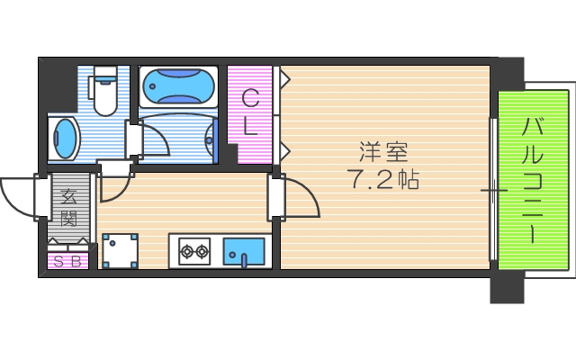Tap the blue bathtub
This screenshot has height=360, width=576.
[x=178, y=87]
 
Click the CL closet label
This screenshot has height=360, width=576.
[x=250, y=113]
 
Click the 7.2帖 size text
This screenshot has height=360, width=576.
[x=382, y=179]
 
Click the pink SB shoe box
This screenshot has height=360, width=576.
[x=68, y=262]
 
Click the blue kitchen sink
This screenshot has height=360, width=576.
[x=243, y=250]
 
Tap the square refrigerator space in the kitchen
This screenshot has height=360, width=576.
[x=120, y=251]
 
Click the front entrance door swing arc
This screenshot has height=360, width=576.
[x=16, y=194]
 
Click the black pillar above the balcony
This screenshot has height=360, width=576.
[x=509, y=72]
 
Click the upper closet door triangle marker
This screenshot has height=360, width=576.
[x=283, y=79]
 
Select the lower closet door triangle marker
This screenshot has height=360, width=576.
[x=283, y=147]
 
